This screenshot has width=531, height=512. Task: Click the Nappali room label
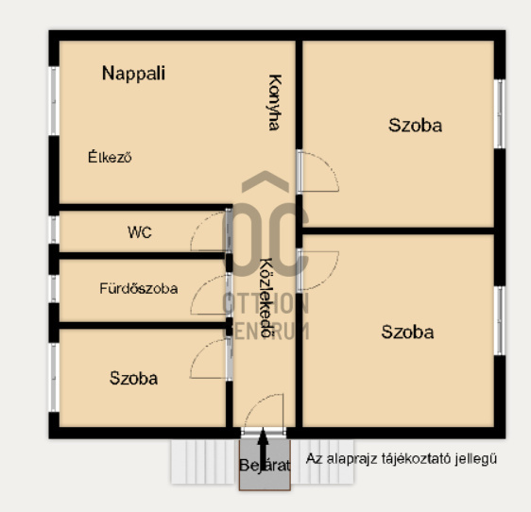coord(133,74)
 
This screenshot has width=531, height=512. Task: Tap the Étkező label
coord(110,157)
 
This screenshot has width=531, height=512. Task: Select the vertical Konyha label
coord(274,102)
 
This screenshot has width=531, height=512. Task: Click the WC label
coord(140,232)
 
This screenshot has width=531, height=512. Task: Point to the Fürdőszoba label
coord(139,288)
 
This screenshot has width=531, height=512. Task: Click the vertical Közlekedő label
coord(266,298)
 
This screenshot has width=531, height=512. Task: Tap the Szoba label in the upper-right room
coord(415,126)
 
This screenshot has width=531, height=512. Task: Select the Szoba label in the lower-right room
coord(407,332)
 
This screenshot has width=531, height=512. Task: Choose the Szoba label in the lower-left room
coord(133,378)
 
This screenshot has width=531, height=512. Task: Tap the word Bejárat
coord(265,466)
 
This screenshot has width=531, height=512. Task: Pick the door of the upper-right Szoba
coord(317,172)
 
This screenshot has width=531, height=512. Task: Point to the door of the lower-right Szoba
coord(317,271)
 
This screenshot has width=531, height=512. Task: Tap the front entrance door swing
coord(264,412)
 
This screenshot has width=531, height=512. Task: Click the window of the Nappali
coord(54,101)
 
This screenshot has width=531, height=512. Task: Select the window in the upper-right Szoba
coord(500,113)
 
